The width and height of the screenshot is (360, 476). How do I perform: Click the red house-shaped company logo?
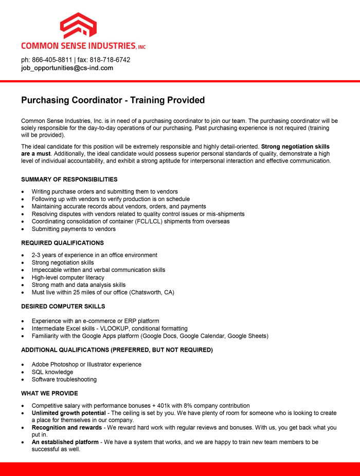(x=78, y=25)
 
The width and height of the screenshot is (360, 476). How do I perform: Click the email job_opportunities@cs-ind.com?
(x=67, y=68)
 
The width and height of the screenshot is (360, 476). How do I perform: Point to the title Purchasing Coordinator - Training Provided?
(x=113, y=100)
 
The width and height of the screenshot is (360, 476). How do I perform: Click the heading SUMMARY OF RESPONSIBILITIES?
(x=69, y=179)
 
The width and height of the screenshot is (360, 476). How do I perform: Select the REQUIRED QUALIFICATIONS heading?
(x=62, y=243)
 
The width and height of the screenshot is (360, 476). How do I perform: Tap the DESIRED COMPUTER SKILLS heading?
(x=63, y=306)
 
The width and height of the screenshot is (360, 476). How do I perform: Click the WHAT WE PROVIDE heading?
(x=49, y=393)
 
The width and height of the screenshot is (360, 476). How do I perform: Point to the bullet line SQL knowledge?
(x=52, y=372)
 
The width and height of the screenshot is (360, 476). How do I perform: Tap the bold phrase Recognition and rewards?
(x=67, y=428)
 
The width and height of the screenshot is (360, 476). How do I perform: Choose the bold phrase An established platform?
(x=65, y=442)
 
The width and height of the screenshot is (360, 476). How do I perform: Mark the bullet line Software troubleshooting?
(x=64, y=379)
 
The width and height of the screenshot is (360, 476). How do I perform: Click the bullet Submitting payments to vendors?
(x=74, y=229)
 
